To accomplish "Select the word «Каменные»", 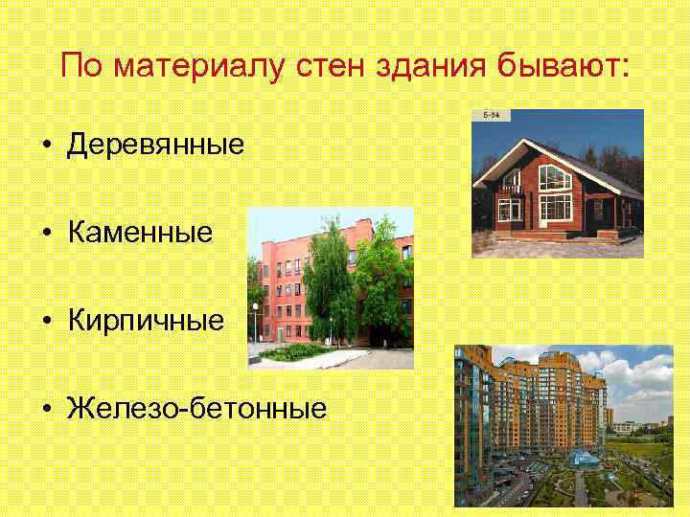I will coord(140,233).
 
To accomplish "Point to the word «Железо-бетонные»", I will coord(196,409).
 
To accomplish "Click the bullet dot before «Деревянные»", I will coord(46,146).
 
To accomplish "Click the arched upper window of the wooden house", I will coord(555,177).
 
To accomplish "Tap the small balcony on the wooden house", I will coord(510,191).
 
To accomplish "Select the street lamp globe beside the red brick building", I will coord(255,307).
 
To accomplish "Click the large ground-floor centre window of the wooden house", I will coord(555,208).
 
